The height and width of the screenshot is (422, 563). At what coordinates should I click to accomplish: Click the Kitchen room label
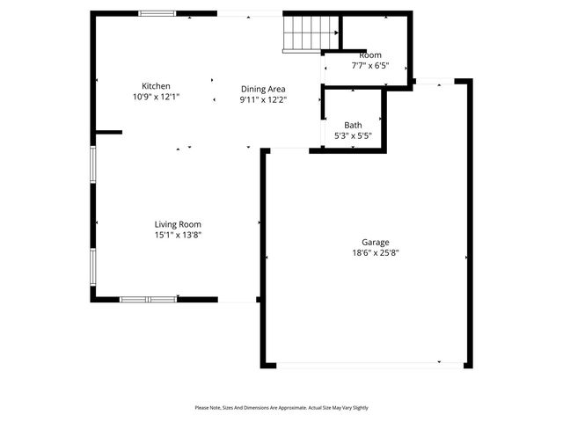pos(156,85)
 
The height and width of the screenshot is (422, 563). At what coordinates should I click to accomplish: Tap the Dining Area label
pos(264,89)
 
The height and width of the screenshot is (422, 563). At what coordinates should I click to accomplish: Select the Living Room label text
pos(178,224)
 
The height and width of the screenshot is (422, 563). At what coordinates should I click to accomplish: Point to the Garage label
pos(375,242)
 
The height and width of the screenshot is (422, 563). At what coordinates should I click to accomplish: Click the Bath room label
pos(353,125)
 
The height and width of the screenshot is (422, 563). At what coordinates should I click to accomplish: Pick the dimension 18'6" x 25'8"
pos(376,253)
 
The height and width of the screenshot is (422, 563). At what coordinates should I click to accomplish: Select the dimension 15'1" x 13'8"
pos(178,235)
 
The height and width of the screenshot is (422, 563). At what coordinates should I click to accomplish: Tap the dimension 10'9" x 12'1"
pos(156,96)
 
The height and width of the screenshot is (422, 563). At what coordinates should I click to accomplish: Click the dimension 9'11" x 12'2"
pos(264,99)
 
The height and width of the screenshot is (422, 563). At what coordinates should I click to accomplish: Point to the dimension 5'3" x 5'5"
pos(353,136)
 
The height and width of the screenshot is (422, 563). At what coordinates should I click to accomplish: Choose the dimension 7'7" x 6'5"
pos(370,65)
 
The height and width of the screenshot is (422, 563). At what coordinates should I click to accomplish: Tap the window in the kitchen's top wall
pos(157,13)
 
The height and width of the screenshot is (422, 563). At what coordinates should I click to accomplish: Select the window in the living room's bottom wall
pos(149,300)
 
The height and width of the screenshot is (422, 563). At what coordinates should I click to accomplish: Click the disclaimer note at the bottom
pos(281,408)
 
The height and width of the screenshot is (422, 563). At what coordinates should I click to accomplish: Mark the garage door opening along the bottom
pos(367,365)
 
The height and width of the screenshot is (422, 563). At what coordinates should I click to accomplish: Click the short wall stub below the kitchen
pos(108,133)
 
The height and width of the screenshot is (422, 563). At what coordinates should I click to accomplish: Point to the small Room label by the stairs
pos(370,55)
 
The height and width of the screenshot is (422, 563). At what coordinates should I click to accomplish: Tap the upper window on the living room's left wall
pos(92,164)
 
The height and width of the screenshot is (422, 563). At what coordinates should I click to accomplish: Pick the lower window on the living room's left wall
pos(92,272)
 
